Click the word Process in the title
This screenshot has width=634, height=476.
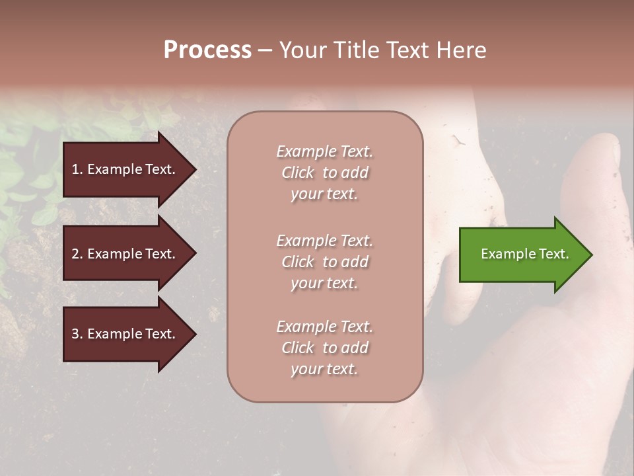click(207, 50)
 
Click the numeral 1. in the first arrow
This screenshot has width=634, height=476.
click(77, 169)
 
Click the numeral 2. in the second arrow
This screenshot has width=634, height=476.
click(77, 254)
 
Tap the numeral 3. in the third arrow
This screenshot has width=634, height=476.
click(77, 334)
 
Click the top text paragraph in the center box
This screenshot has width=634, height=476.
click(324, 173)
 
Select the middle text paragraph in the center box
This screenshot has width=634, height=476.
click(324, 262)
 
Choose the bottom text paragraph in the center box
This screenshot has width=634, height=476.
click(324, 348)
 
